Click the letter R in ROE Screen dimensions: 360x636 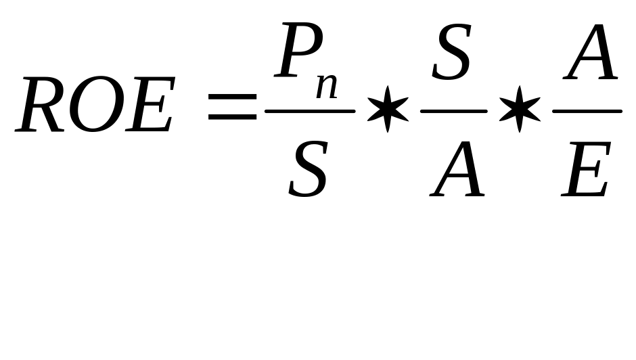pyautogui.click(x=42, y=106)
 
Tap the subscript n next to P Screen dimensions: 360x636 pyautogui.click(x=327, y=87)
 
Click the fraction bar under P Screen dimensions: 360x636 pyautogui.click(x=310, y=110)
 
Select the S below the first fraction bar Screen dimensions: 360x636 pyautogui.click(x=309, y=169)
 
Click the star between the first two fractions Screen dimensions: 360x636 pyautogui.click(x=388, y=109)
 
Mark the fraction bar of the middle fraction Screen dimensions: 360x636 pyautogui.click(x=453, y=110)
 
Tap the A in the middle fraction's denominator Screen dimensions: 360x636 pyautogui.click(x=458, y=169)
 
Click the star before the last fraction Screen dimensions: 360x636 pyautogui.click(x=519, y=109)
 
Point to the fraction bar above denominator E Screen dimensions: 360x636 pyautogui.click(x=587, y=110)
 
